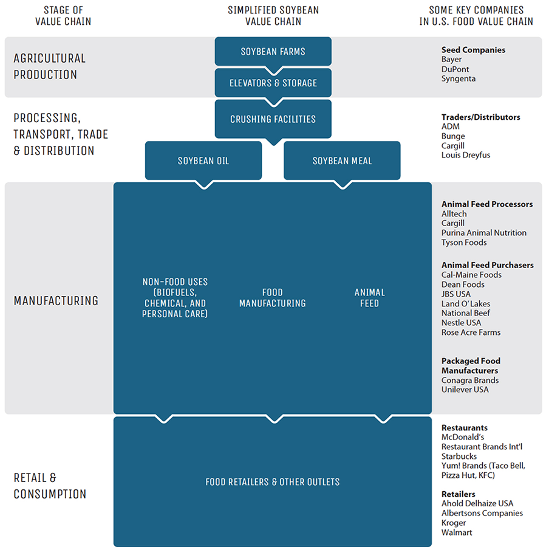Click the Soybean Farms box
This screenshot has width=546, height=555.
pyautogui.click(x=273, y=52)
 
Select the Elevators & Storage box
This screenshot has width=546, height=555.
pyautogui.click(x=273, y=83)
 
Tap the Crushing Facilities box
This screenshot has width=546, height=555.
pyautogui.click(x=273, y=119)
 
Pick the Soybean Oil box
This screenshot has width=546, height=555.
pyautogui.click(x=203, y=161)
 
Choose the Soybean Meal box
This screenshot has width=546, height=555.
pyautogui.click(x=342, y=161)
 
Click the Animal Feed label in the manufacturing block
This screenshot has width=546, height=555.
pyautogui.click(x=369, y=298)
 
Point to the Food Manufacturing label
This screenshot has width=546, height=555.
pyautogui.click(x=272, y=298)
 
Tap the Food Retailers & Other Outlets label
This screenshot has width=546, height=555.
pyautogui.click(x=272, y=482)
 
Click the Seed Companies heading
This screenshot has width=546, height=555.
pyautogui.click(x=473, y=50)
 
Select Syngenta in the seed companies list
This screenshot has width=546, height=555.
pyautogui.click(x=459, y=79)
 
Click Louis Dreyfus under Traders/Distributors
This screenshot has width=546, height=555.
pyautogui.click(x=465, y=155)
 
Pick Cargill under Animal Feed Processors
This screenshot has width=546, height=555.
pyautogui.click(x=453, y=223)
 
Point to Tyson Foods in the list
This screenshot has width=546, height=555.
pyautogui.click(x=464, y=243)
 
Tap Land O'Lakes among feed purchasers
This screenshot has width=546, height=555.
pyautogui.click(x=466, y=304)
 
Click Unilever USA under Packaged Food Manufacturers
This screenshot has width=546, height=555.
pyautogui.click(x=465, y=390)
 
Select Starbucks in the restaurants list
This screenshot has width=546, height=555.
pyautogui.click(x=459, y=457)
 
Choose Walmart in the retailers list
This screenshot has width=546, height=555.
pyautogui.click(x=457, y=533)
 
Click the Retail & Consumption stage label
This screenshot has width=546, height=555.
pyautogui.click(x=50, y=486)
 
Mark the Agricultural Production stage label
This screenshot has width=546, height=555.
pyautogui.click(x=49, y=66)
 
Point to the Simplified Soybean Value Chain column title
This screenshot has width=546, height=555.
pyautogui.click(x=273, y=16)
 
